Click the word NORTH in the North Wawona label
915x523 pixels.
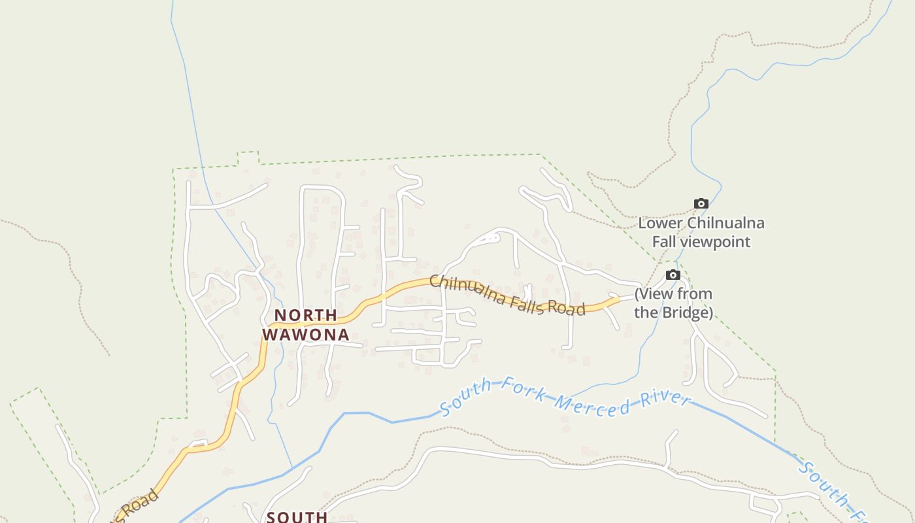(306, 315)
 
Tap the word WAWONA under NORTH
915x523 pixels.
(306, 335)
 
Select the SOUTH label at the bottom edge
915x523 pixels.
(297, 517)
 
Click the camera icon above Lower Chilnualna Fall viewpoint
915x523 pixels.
(701, 204)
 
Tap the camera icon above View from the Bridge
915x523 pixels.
(673, 275)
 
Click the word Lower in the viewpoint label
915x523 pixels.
(659, 223)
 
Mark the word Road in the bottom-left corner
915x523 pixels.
(137, 505)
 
